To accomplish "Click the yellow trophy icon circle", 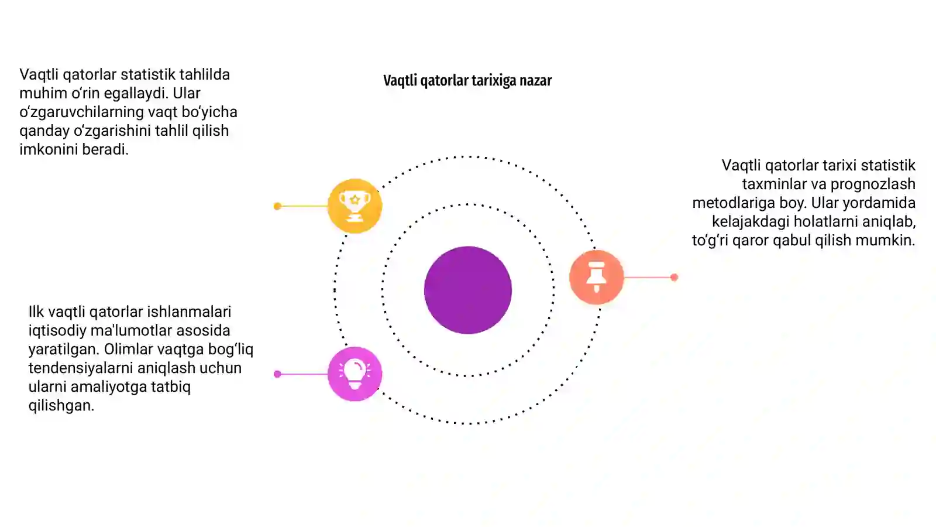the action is click(x=355, y=206).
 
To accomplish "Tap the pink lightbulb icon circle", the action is click(x=355, y=374).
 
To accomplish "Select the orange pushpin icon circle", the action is click(x=596, y=277).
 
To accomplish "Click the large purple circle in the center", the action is click(x=468, y=290).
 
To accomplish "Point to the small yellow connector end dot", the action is click(x=277, y=206).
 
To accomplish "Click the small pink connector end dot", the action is click(x=277, y=374).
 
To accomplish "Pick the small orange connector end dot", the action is click(x=674, y=277).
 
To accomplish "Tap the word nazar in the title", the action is click(x=536, y=80).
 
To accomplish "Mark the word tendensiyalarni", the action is click(x=81, y=368).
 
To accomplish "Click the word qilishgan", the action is click(x=61, y=406).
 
